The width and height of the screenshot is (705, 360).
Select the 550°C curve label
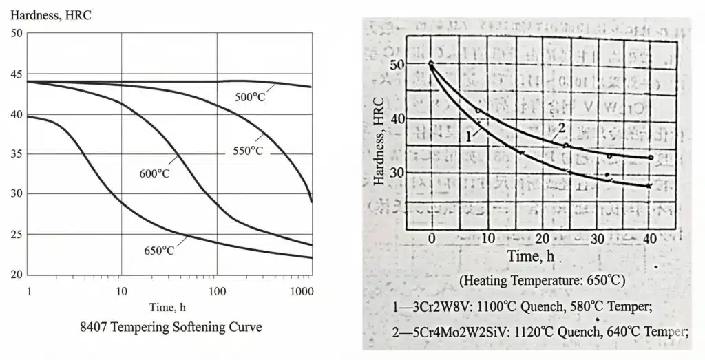246,149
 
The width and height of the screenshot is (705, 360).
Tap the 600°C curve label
154,173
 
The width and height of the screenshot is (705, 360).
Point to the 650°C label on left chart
159,250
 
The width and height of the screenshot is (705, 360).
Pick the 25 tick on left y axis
16,235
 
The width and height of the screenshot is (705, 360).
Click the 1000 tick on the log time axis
301,291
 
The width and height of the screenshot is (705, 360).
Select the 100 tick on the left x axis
217,291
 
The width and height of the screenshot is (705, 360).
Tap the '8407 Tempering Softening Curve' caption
171,327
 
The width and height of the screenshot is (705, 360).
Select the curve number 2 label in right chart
561,127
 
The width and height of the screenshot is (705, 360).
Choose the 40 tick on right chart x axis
649,238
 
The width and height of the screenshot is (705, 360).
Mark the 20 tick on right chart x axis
540,238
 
